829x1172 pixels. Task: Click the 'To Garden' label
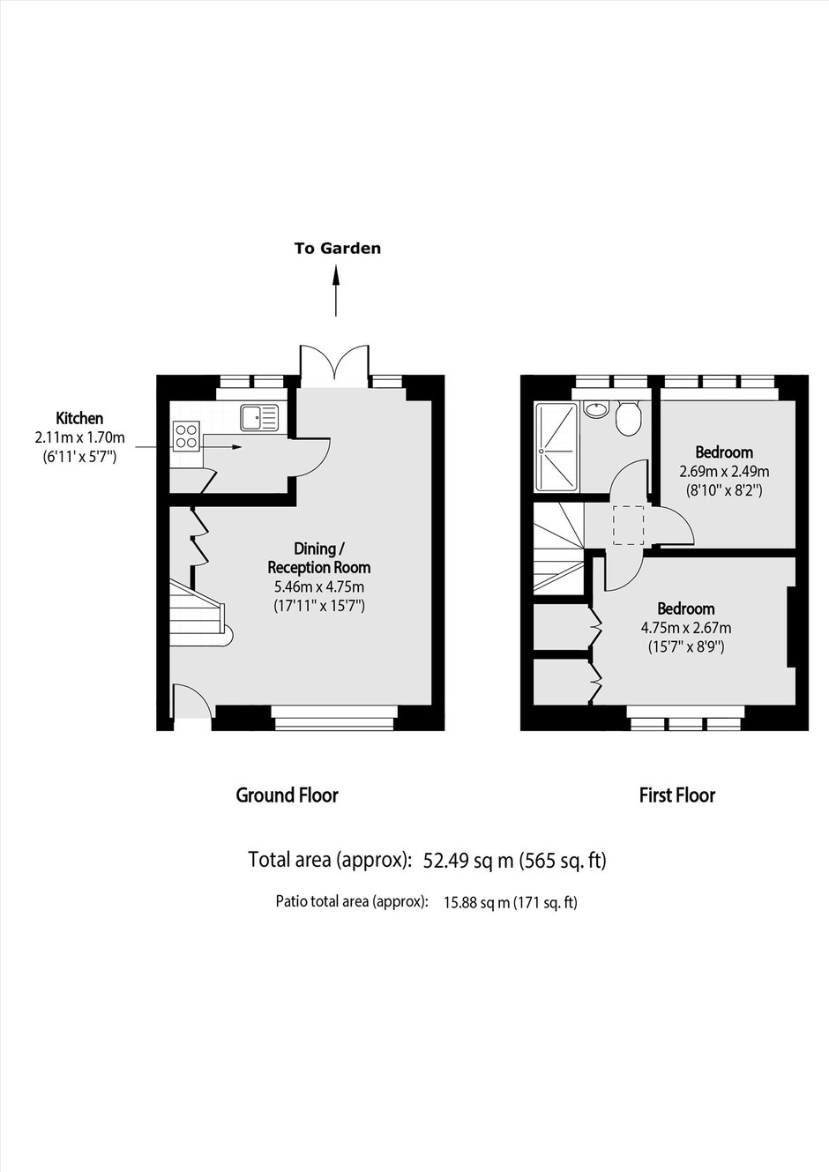tap(337, 248)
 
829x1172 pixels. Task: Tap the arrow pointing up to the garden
tap(336, 290)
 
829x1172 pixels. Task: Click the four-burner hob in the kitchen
tap(187, 436)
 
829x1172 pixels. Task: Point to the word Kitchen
tap(79, 419)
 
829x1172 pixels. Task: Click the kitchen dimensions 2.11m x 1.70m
tap(79, 437)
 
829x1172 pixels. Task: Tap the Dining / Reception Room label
tap(319, 557)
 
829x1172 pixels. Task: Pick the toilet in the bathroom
tap(628, 418)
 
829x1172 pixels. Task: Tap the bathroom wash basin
tap(596, 409)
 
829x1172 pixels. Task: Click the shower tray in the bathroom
tap(556, 446)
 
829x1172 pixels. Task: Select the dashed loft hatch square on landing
tap(628, 526)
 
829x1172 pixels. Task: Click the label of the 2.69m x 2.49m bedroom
tap(724, 452)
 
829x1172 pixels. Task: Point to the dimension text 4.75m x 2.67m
tap(686, 627)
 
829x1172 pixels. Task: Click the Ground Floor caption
tap(288, 795)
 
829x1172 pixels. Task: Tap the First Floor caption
tap(677, 795)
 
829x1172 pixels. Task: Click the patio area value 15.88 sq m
tap(477, 902)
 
